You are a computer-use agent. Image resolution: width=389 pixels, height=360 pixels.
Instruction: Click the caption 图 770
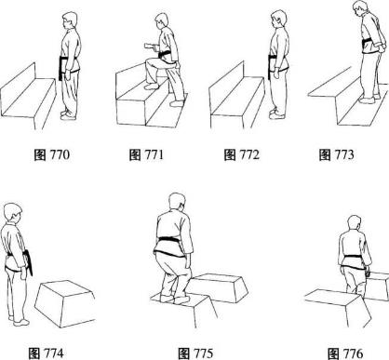coord(52,154)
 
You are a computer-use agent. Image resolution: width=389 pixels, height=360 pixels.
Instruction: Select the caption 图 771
coord(146,154)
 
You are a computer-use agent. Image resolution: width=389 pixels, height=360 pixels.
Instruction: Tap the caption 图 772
coord(241,154)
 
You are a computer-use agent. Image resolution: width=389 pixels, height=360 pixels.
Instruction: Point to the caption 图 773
coord(336,154)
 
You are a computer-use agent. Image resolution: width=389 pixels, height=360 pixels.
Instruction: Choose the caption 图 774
coord(46,353)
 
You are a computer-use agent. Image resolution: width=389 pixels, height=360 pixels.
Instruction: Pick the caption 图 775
coord(195,353)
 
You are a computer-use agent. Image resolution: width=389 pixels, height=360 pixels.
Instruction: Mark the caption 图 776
coord(345,353)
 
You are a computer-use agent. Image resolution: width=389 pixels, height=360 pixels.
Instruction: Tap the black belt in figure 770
coord(66,66)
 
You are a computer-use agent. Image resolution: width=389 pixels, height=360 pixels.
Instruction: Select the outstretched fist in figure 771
coord(148,47)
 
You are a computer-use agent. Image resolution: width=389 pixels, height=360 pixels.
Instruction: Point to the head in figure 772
coord(278,20)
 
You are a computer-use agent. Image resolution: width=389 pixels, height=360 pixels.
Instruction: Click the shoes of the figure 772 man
coord(277,113)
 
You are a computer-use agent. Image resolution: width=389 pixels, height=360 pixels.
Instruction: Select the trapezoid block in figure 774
coord(64,303)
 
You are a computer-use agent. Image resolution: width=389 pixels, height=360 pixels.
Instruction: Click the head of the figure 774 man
coord(13,213)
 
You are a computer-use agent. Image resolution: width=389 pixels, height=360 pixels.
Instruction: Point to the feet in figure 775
coord(175,299)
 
